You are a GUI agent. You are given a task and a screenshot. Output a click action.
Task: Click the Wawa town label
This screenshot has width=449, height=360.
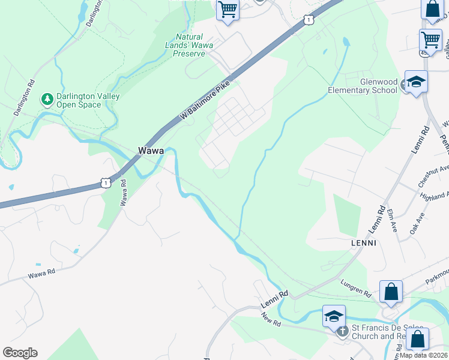151,151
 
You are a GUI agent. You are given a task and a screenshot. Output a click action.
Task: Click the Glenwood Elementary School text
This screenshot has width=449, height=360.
362,86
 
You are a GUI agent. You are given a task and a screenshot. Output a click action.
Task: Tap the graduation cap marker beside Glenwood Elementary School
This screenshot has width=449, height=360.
415,82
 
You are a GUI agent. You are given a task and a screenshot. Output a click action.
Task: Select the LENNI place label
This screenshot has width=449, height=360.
363,243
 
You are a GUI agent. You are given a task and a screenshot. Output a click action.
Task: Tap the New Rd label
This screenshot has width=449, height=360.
272,318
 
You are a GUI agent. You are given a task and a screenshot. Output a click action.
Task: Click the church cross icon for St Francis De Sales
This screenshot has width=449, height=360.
342,331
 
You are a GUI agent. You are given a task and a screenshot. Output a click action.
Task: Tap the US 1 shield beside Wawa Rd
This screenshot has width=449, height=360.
106,181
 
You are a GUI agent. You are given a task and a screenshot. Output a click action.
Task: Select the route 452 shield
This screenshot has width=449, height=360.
424,52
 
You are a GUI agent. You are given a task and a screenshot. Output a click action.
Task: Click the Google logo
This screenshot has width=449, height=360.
20,353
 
